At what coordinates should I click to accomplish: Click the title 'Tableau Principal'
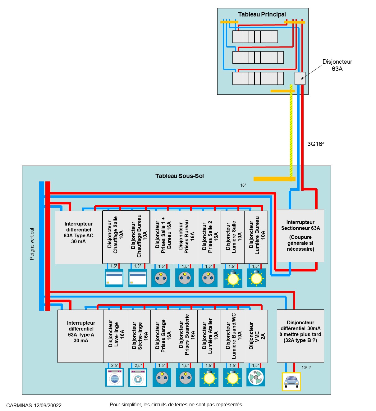pyautogui.click(x=262, y=14)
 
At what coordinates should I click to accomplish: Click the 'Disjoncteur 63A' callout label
pyautogui.click(x=337, y=65)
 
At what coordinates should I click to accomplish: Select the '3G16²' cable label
pyautogui.click(x=315, y=144)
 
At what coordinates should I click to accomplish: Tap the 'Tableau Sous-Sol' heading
pyautogui.click(x=179, y=176)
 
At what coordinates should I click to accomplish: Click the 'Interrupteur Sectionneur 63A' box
pyautogui.click(x=300, y=235)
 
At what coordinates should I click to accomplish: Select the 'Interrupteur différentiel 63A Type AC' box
pyautogui.click(x=79, y=237)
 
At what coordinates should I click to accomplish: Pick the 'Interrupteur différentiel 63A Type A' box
pyautogui.click(x=80, y=336)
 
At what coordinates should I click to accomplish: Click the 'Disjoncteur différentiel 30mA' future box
pyautogui.click(x=300, y=336)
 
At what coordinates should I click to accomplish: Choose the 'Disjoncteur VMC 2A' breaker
pyautogui.click(x=256, y=336)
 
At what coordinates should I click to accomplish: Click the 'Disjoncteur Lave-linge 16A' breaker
pyautogui.click(x=115, y=336)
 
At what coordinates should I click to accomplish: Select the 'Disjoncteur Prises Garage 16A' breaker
pyautogui.click(x=162, y=336)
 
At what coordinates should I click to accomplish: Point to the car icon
pyautogui.click(x=291, y=381)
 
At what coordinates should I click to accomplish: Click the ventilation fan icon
pyautogui.click(x=256, y=377)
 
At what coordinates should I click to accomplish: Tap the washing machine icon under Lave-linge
pyautogui.click(x=114, y=377)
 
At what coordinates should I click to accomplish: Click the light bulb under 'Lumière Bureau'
pyautogui.click(x=256, y=278)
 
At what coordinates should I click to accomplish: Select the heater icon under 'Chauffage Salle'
pyautogui.click(x=114, y=278)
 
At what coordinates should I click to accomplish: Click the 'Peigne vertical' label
pyautogui.click(x=32, y=244)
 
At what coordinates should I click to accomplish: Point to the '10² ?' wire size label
pyautogui.click(x=306, y=368)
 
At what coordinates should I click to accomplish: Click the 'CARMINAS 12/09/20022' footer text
pyautogui.click(x=34, y=405)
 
